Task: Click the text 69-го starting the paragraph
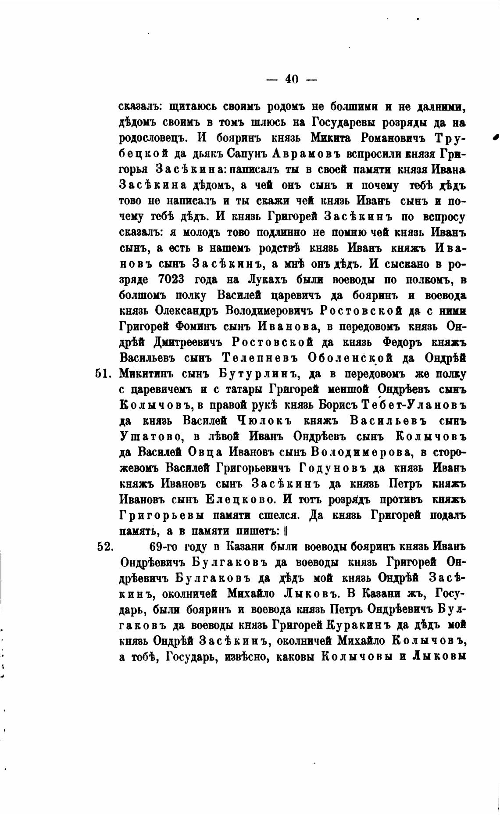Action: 163,547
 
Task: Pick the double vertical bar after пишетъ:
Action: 285,531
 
